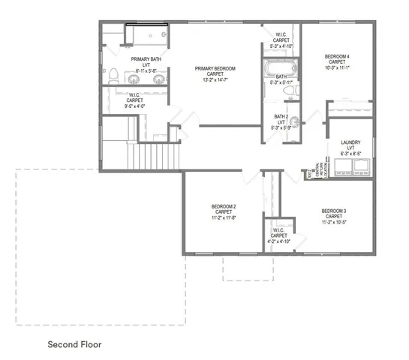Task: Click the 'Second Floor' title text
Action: (74, 344)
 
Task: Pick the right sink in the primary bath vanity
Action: (155, 77)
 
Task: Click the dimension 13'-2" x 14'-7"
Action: (215, 80)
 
